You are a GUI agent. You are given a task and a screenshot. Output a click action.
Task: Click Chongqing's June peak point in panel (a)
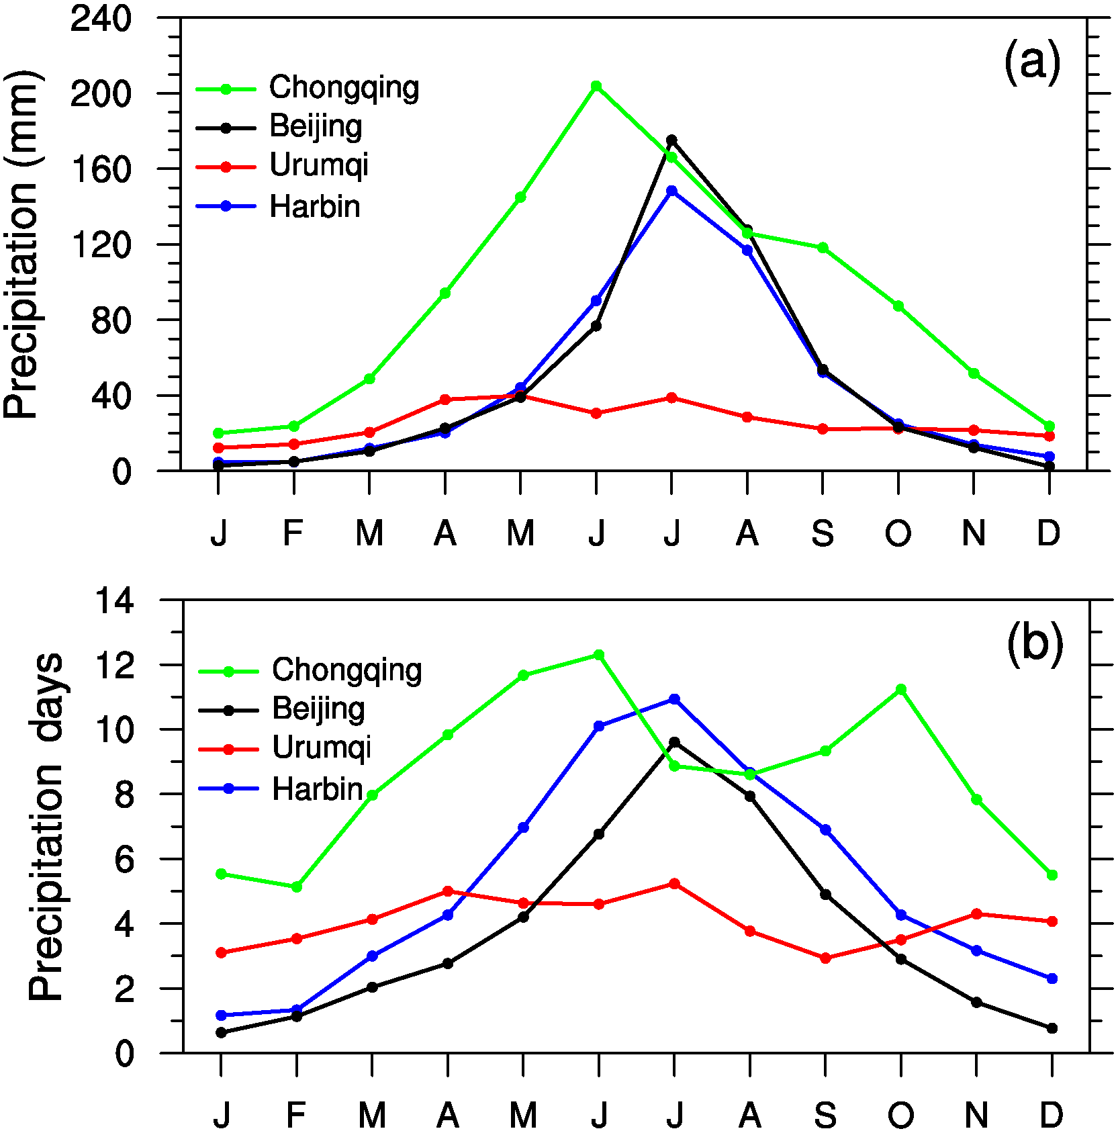596,86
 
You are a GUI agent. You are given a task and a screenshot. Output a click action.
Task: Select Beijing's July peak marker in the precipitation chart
671,140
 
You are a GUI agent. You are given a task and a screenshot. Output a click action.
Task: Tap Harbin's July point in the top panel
671,191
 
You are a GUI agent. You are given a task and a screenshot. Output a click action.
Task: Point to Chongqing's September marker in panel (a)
823,248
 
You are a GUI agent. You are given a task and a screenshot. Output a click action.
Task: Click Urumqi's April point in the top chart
445,400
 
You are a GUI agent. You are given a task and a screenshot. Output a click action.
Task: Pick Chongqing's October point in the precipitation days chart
901,689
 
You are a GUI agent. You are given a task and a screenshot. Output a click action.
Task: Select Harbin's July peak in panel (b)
674,699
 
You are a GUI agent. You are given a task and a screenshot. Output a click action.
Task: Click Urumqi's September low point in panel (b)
825,958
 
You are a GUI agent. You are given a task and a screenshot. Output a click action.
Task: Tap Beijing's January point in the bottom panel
221,1033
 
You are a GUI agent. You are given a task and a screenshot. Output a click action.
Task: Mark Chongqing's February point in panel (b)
296,887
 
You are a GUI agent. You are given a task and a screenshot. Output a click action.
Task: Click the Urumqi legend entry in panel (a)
318,165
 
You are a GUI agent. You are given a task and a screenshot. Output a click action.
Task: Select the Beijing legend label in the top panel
316,126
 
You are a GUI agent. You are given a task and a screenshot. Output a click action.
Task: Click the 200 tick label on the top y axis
101,94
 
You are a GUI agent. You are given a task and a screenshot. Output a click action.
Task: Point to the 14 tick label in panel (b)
114,600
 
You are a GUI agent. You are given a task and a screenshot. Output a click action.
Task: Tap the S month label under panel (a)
823,534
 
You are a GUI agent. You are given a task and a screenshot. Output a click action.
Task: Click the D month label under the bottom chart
1052,1116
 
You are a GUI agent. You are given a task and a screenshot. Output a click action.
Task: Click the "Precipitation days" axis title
46,827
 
